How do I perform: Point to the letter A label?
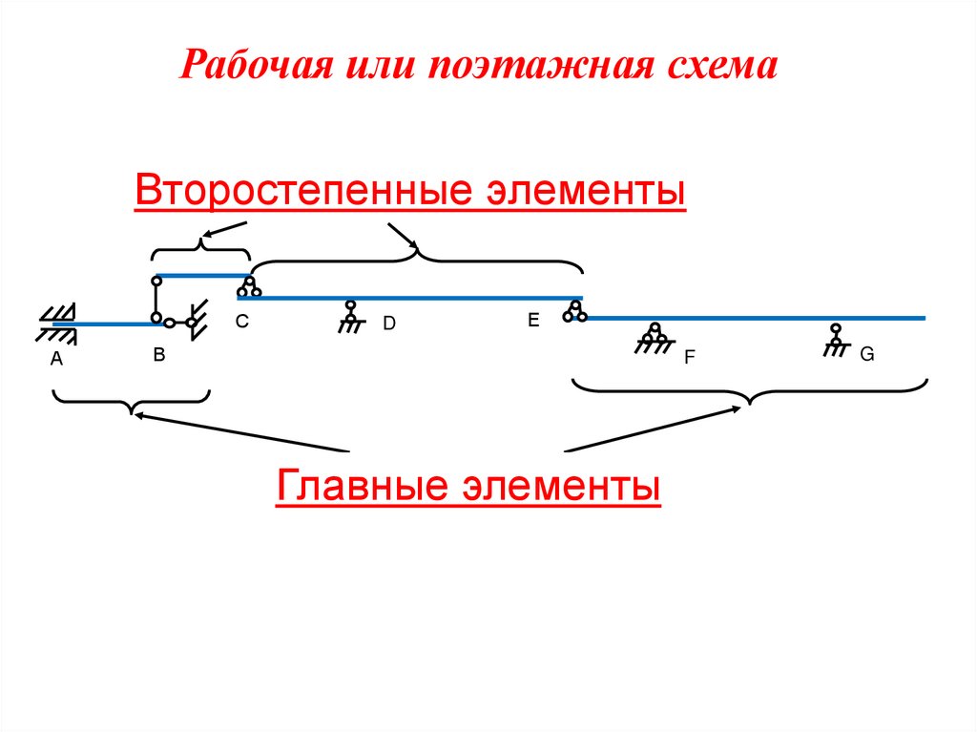pyautogui.click(x=55, y=360)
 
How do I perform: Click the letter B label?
pyautogui.click(x=159, y=355)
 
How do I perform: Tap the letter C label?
pyautogui.click(x=242, y=323)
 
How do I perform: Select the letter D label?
pyautogui.click(x=389, y=324)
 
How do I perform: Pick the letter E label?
pyautogui.click(x=533, y=322)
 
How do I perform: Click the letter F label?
pyautogui.click(x=689, y=359)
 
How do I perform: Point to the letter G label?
pyautogui.click(x=867, y=354)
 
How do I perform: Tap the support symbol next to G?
pyautogui.click(x=836, y=338)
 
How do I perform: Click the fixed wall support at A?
pyautogui.click(x=57, y=322)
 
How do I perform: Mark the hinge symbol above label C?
pyautogui.click(x=249, y=286)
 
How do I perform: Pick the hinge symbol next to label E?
pyautogui.click(x=573, y=310)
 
